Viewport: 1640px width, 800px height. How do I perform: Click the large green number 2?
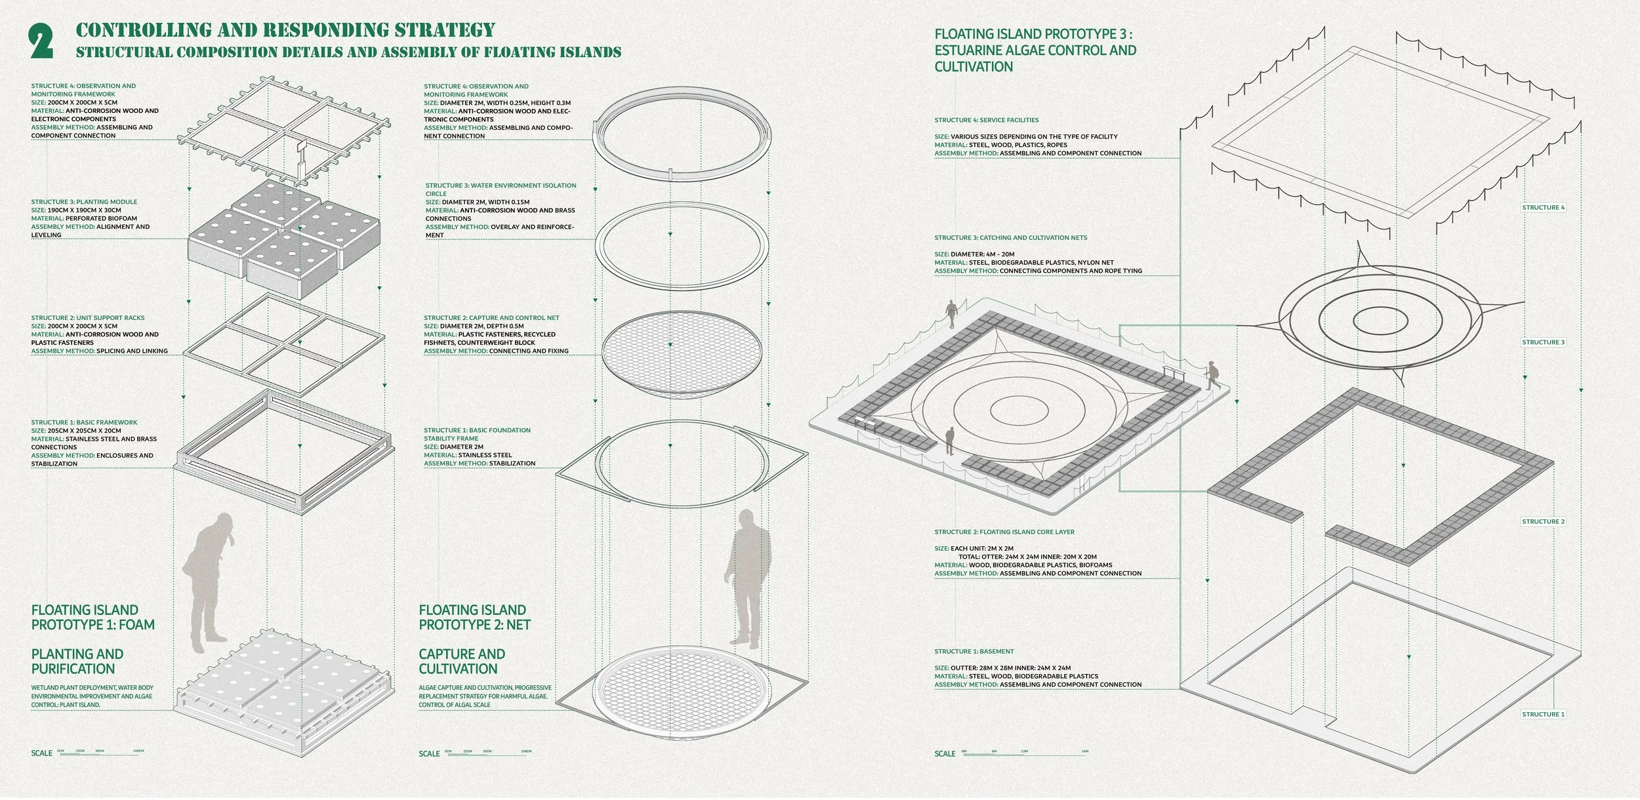coord(41,42)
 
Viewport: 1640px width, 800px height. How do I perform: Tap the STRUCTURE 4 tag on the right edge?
coord(1543,207)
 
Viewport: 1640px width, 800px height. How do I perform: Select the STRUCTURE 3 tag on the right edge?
coord(1543,342)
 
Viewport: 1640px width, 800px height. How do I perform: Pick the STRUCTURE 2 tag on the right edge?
coord(1543,522)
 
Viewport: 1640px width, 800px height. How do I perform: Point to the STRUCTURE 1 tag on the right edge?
coord(1543,714)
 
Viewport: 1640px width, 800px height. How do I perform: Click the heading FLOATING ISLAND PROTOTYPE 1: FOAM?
coord(93,617)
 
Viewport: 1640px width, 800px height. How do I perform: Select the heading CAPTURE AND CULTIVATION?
coord(462,661)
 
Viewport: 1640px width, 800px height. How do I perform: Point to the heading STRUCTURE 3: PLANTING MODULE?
coord(84,202)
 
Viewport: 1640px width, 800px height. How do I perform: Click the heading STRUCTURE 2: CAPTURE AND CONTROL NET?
coord(491,318)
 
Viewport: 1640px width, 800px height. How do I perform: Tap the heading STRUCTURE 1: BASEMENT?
coord(974,651)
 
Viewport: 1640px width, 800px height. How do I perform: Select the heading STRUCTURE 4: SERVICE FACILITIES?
coord(986,120)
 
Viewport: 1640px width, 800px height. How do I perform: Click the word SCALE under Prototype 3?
coord(945,753)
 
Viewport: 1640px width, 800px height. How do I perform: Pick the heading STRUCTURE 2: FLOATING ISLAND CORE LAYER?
coord(1004,532)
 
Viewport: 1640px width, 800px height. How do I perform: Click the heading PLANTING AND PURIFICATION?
coord(77,661)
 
